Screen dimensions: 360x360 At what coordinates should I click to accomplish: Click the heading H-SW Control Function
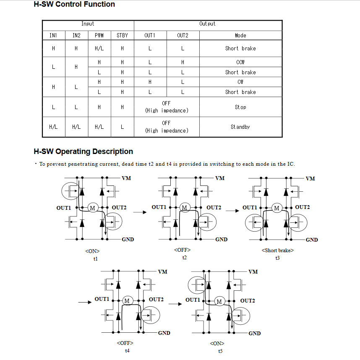click(74, 5)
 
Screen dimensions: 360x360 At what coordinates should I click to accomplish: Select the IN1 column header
click(53, 36)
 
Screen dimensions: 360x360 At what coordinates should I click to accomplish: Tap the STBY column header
click(123, 36)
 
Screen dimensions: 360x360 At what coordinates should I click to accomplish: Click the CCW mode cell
click(240, 62)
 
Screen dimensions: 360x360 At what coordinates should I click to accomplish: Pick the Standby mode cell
click(240, 127)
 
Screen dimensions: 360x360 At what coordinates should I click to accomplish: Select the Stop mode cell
click(240, 107)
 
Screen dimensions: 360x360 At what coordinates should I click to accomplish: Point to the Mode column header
click(240, 36)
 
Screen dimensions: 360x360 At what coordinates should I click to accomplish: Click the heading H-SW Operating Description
click(83, 151)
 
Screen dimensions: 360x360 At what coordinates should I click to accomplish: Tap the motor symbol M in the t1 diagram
click(92, 208)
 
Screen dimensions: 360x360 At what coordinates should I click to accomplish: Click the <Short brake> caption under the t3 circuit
click(277, 250)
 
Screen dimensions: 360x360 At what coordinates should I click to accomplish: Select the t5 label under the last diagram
click(220, 351)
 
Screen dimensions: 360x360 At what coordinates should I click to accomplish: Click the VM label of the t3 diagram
click(310, 179)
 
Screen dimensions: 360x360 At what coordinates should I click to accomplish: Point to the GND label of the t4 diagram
click(164, 333)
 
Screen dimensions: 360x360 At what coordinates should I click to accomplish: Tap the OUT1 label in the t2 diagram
click(159, 207)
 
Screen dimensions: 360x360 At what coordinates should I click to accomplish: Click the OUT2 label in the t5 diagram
click(248, 301)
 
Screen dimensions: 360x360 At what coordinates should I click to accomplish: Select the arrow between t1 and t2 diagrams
click(142, 212)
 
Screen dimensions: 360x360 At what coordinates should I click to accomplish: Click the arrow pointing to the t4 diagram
click(84, 302)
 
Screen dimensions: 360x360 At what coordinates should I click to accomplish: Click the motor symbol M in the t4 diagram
click(128, 301)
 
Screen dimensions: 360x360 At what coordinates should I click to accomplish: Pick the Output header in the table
click(207, 24)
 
